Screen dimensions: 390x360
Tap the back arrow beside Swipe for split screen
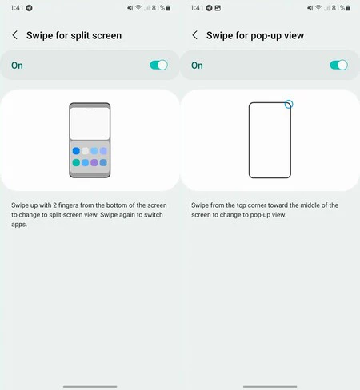click(14, 35)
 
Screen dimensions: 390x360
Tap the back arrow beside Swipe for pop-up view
click(194, 35)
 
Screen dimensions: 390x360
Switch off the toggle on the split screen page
click(158, 65)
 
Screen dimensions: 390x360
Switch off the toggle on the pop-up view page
click(338, 65)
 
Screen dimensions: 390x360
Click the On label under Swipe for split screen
click(17, 65)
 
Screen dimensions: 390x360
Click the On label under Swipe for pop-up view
click(197, 65)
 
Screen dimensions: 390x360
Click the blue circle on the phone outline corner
click(289, 104)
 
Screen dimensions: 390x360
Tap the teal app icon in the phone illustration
click(75, 162)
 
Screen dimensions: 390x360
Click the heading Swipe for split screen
click(74, 35)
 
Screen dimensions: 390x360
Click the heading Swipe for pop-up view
click(255, 35)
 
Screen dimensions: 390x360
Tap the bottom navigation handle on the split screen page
click(90, 384)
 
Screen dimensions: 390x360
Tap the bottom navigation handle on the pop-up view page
click(270, 384)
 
